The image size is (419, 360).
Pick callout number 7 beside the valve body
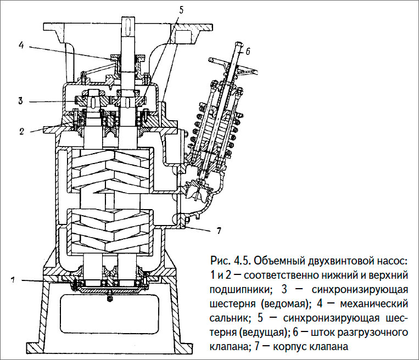[218, 230]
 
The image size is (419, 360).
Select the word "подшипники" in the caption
[237, 289]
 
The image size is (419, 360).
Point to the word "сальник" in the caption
[228, 318]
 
